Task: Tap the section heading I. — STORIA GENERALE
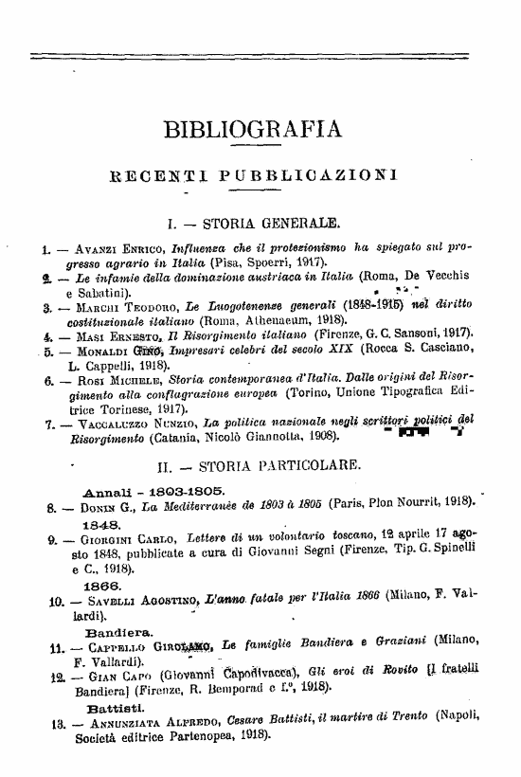[x=252, y=225]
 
